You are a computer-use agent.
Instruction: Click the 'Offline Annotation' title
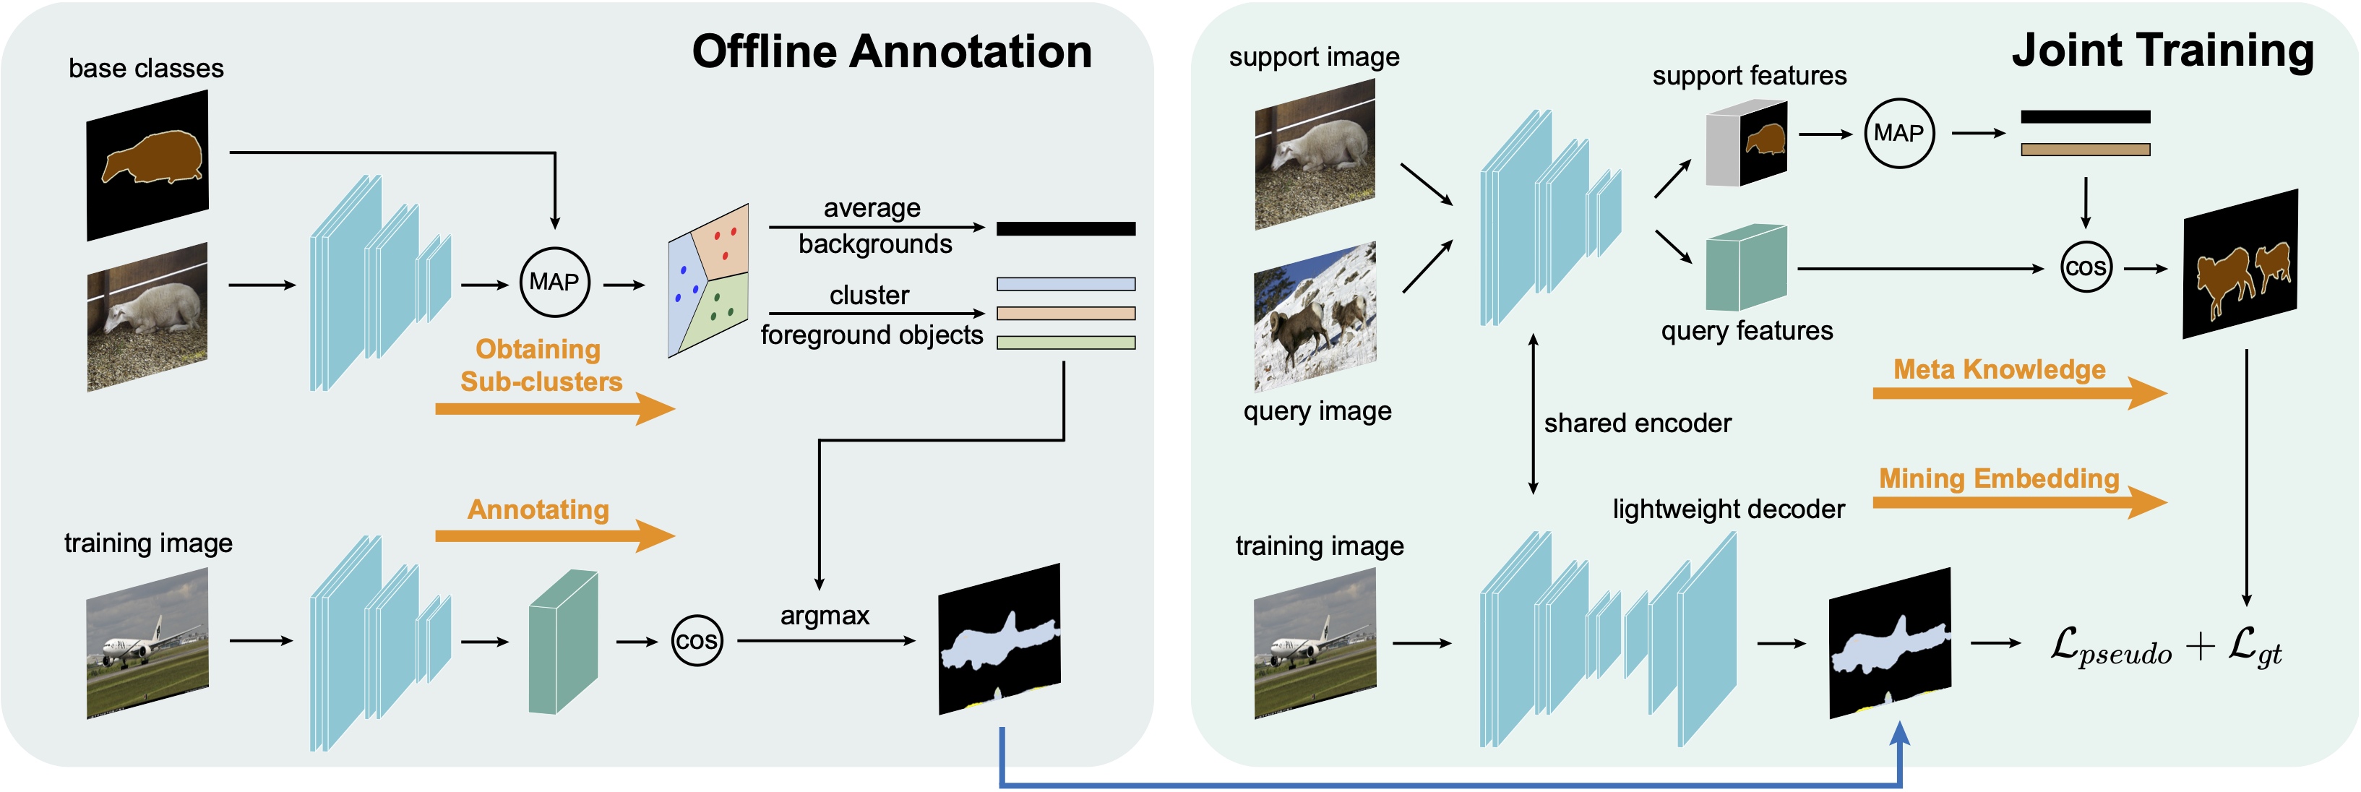pos(891,51)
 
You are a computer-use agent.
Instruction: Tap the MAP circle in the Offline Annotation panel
pos(554,283)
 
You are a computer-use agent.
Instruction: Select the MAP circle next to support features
pos(1899,134)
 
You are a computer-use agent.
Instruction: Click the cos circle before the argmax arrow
pos(697,641)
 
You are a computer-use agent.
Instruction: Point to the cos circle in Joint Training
pos(2086,267)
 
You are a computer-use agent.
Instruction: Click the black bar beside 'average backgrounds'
pos(1066,229)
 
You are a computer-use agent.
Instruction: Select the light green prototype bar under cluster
pos(1066,343)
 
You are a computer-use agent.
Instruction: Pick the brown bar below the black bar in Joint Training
pos(2085,150)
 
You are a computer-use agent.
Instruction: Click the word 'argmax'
pos(825,615)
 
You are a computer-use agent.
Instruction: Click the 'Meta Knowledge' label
pos(1999,369)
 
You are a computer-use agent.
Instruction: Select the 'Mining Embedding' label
pos(1999,478)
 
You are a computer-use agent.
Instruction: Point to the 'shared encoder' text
pos(1637,423)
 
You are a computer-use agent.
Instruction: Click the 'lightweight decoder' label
pos(1729,509)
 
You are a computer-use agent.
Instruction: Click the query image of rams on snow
pos(1315,317)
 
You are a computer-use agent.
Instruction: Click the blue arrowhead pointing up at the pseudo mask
pos(1900,733)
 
